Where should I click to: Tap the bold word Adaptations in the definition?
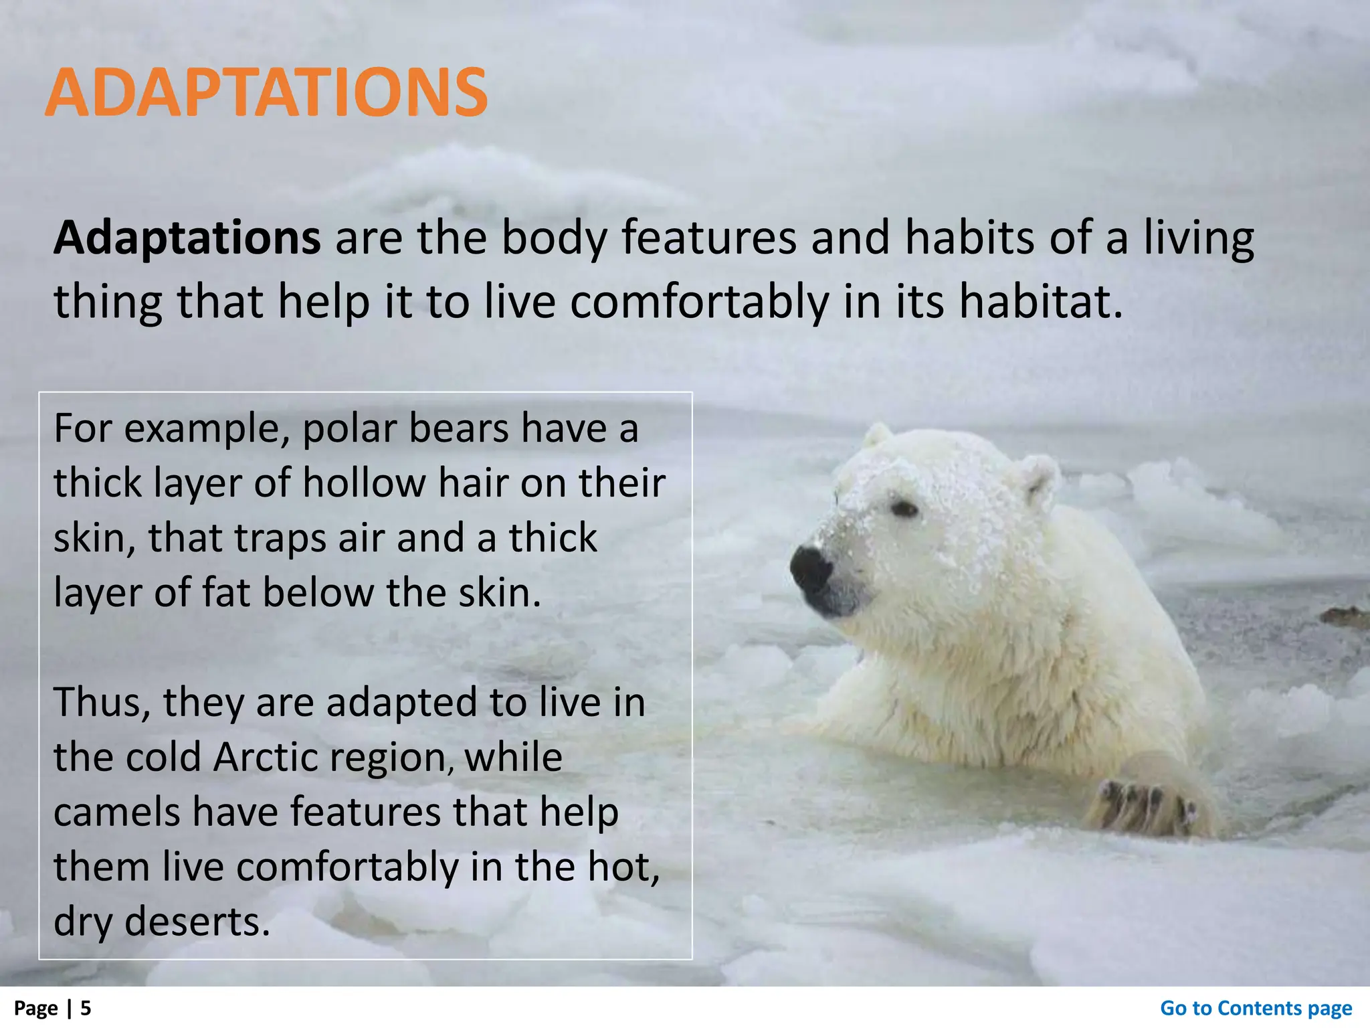[187, 238]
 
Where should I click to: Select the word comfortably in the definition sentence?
[698, 303]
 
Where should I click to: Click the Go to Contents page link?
[1256, 1008]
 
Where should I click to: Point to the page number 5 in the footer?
[86, 1008]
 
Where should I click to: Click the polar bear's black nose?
[811, 568]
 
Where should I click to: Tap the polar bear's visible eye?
[904, 510]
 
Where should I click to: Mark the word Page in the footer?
[35, 1008]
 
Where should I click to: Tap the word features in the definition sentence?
[709, 238]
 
